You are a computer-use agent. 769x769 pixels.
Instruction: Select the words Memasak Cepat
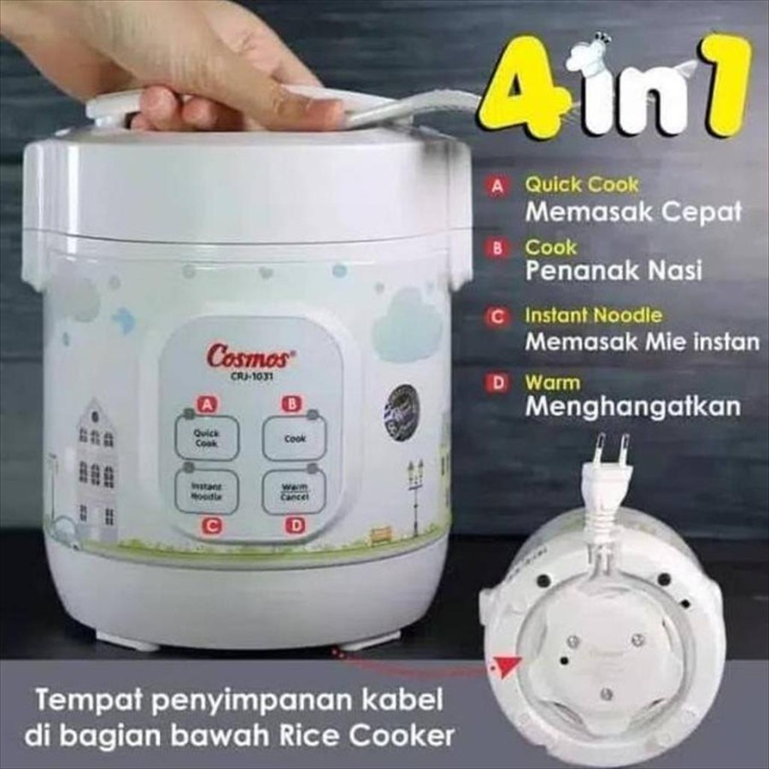click(x=632, y=211)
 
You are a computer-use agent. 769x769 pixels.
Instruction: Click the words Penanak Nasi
click(x=613, y=272)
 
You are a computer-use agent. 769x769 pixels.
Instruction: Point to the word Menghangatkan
click(x=632, y=407)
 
